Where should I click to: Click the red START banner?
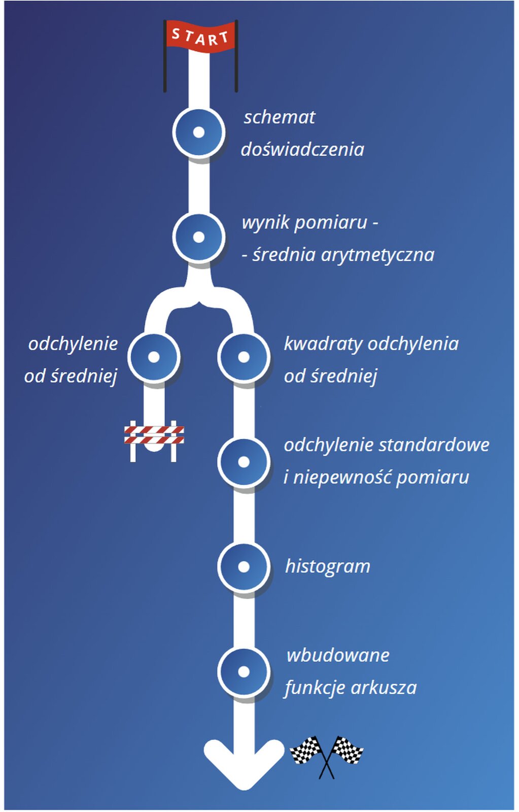pos(201,37)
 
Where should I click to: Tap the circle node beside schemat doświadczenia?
pos(198,132)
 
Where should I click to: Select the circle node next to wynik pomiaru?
pos(198,237)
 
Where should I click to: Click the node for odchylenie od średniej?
pos(154,357)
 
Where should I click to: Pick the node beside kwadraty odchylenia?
pos(244,357)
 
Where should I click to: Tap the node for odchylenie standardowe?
pos(244,462)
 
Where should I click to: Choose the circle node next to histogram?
pos(244,567)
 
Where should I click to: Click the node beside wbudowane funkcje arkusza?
pos(244,671)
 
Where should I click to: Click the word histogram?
pos(328,566)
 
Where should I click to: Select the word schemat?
pos(280,117)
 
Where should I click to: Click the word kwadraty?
pos(323,344)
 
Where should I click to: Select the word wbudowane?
pos(338,655)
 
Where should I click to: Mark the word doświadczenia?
pos(302,150)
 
